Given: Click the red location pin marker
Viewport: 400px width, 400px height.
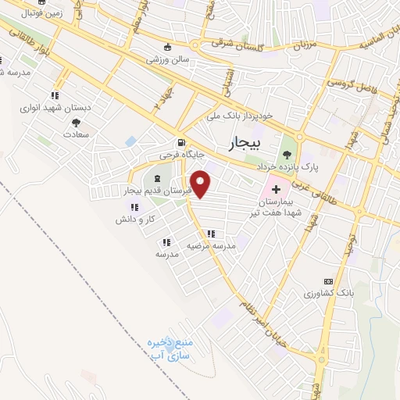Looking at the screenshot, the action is click(x=202, y=184).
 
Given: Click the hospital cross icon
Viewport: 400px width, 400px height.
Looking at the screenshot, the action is click(x=276, y=190).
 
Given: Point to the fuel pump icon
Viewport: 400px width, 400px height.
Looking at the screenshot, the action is click(x=181, y=143).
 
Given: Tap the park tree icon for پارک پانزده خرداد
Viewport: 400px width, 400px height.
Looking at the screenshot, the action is click(x=286, y=152).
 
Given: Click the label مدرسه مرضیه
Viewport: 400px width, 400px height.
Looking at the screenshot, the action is click(x=209, y=245).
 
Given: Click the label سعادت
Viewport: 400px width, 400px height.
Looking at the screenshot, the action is click(x=77, y=135).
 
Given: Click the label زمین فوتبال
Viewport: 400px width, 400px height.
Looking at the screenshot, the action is click(x=22, y=14).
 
